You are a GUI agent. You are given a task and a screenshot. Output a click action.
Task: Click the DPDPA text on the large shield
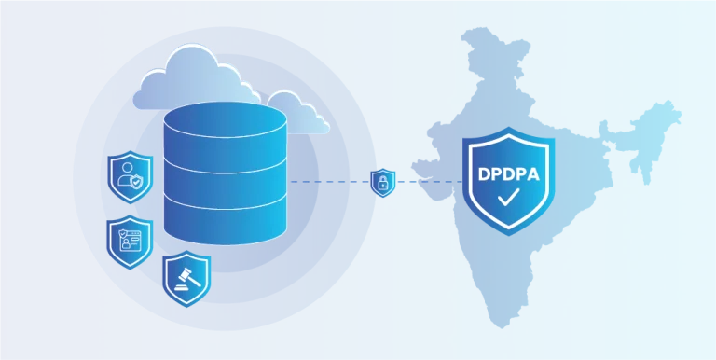[508, 175]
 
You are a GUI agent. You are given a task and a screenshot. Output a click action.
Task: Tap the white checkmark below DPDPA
[508, 198]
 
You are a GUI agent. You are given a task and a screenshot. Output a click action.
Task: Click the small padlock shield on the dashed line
[382, 183]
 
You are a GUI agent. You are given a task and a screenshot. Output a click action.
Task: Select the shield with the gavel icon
[186, 278]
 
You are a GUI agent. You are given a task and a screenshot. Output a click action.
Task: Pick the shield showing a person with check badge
[131, 176]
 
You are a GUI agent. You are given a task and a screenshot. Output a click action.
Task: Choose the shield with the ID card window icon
[130, 242]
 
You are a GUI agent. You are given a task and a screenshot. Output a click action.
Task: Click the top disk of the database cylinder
[225, 119]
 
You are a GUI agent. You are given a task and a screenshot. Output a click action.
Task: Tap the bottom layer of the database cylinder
[225, 221]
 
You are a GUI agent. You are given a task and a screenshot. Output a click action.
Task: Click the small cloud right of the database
[299, 114]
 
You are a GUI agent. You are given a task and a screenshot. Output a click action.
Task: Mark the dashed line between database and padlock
[330, 182]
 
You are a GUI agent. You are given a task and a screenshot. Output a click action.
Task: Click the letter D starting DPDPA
[483, 175]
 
